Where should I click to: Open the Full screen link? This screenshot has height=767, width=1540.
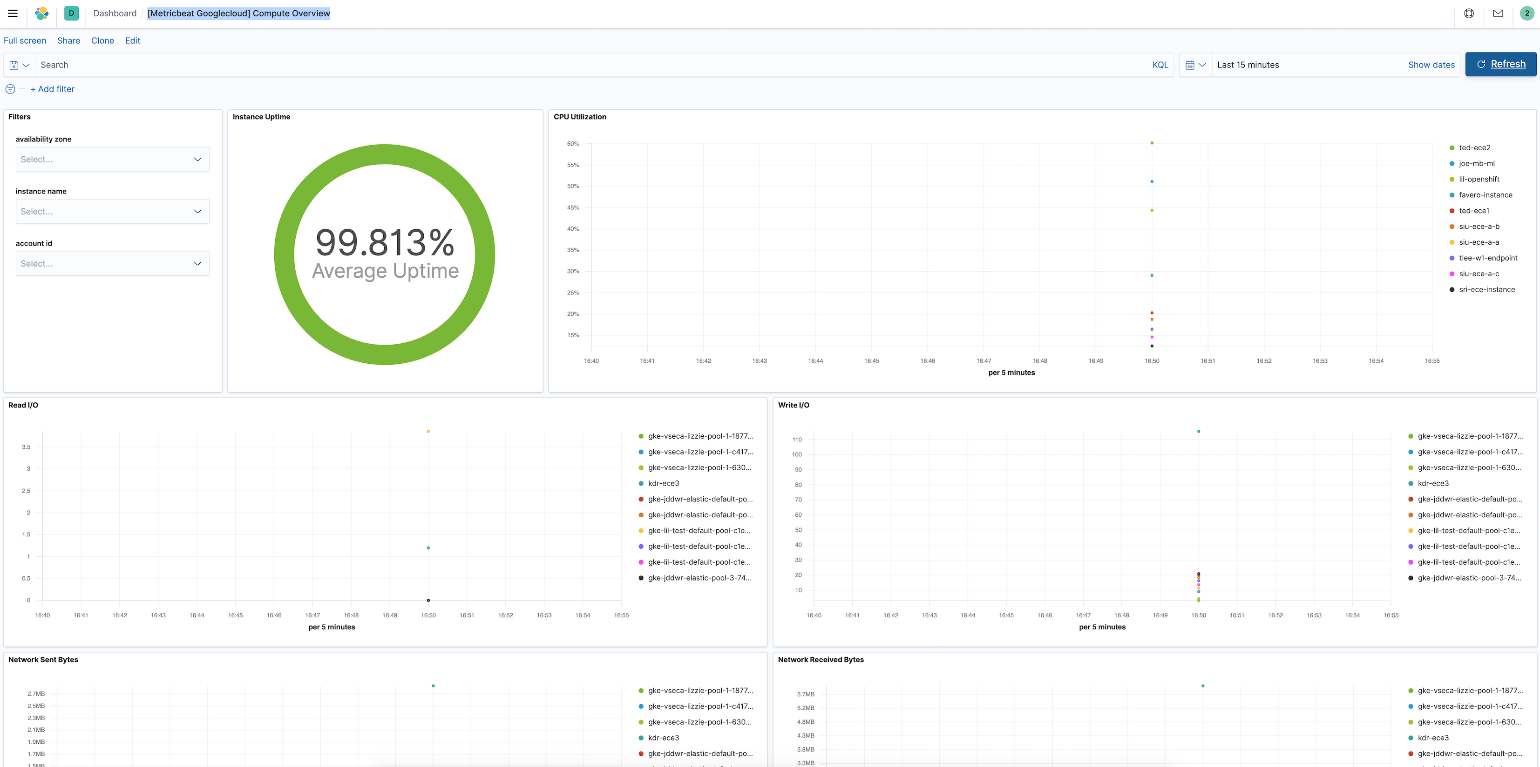coord(25,40)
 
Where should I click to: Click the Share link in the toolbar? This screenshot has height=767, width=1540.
coord(69,40)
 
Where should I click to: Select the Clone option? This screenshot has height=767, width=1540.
coord(102,40)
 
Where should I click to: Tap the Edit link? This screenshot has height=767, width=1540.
coord(133,40)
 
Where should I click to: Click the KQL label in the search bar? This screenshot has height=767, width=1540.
coord(1160,65)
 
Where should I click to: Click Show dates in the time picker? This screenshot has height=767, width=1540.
coord(1431,65)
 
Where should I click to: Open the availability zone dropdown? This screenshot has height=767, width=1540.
coord(112,160)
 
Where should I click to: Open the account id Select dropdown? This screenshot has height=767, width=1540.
coord(112,263)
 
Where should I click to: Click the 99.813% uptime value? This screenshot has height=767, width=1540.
coord(385,242)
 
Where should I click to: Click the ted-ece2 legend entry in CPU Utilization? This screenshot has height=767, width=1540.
coord(1474,148)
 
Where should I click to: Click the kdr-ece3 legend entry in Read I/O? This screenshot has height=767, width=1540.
coord(663,483)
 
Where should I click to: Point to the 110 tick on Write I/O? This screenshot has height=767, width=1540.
coord(797,440)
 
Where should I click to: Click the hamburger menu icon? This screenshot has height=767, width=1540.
coord(13,13)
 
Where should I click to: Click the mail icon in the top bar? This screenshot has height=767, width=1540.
coord(1498,13)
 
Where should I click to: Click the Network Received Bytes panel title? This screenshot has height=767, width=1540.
coord(820,660)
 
